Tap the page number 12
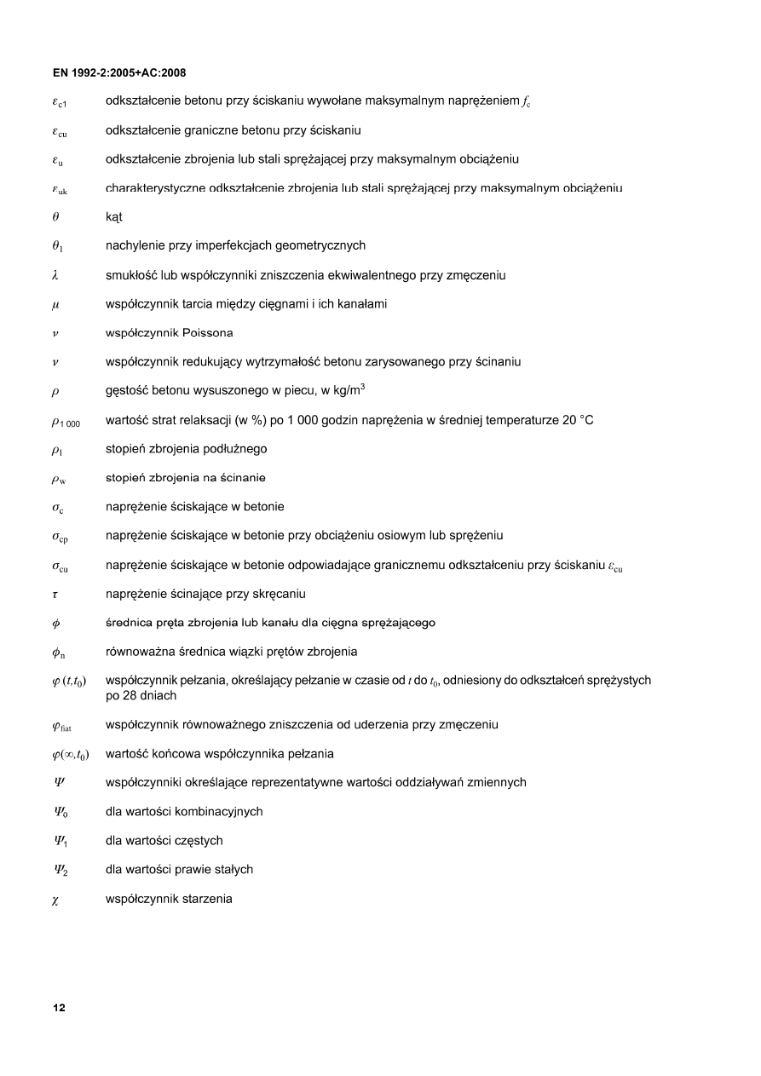(x=59, y=1008)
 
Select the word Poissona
(x=206, y=332)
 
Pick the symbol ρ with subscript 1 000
(x=66, y=421)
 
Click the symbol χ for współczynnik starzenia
(x=55, y=899)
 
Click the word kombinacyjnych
(x=218, y=812)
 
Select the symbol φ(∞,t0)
(x=70, y=755)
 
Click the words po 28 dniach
(x=141, y=696)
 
